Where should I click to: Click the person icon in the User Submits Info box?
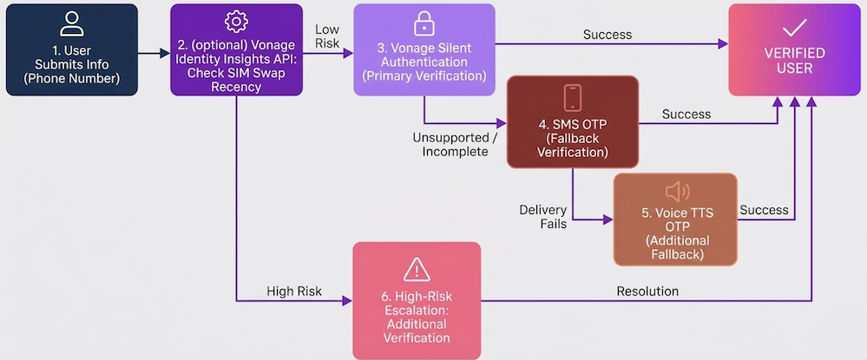[72, 23]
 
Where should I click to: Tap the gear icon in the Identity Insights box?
[233, 21]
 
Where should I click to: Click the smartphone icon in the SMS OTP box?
[572, 97]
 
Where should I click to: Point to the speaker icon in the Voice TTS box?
[676, 192]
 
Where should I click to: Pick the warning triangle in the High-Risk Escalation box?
[417, 268]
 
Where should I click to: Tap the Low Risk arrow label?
[327, 37]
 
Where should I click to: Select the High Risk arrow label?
[293, 291]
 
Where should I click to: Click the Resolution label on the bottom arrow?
[647, 291]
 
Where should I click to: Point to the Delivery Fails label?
[543, 217]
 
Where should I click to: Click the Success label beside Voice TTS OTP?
[764, 210]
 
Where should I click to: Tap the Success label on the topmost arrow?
[608, 35]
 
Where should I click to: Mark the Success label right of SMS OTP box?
[686, 114]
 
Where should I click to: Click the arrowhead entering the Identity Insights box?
[166, 53]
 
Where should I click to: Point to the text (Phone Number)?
[72, 78]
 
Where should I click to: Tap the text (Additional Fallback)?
[676, 248]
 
